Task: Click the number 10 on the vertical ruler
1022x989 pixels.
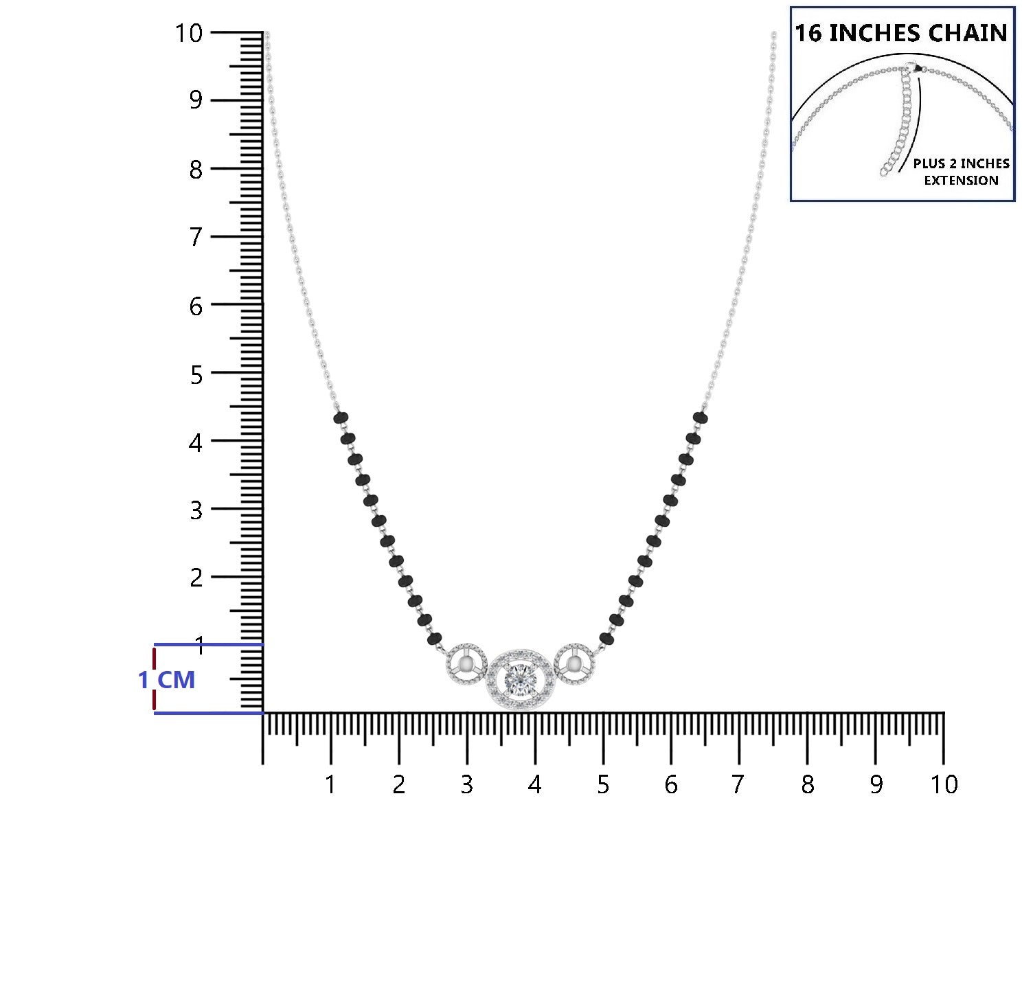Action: coord(189,33)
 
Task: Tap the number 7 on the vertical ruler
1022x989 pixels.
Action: coord(196,237)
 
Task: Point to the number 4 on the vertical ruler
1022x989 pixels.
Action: coord(195,443)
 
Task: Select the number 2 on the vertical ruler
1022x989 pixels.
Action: coord(196,578)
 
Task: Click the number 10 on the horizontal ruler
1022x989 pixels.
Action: coord(944,785)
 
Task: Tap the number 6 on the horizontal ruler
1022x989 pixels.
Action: coord(670,785)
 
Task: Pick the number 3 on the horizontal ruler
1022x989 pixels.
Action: coord(467,785)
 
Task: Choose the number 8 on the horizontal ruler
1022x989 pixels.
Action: coord(808,785)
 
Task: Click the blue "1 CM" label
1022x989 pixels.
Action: coord(166,680)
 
